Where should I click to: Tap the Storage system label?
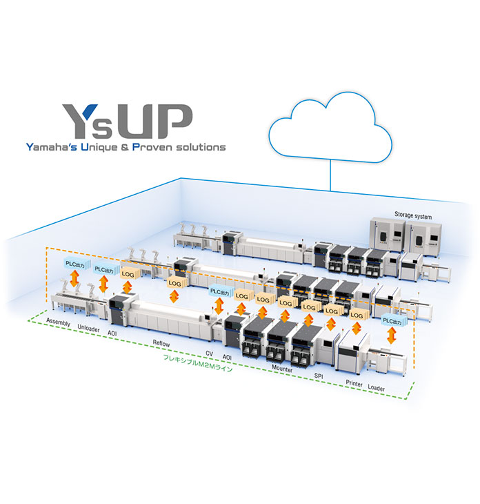412,216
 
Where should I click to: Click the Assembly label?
59,322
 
